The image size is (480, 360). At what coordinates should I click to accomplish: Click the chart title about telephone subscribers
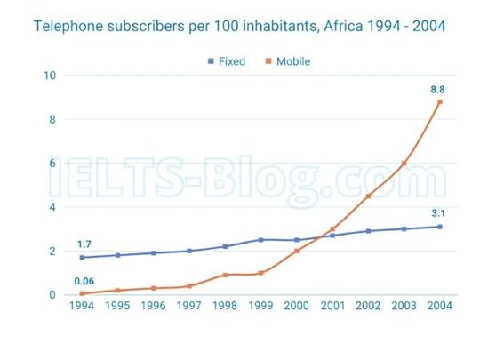(239, 27)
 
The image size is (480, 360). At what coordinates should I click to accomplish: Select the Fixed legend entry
(226, 61)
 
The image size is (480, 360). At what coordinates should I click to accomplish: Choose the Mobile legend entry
(287, 61)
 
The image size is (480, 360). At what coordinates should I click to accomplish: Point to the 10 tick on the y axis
(51, 76)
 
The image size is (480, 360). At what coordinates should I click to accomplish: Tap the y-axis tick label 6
(53, 164)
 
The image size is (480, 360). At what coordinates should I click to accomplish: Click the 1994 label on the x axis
(83, 307)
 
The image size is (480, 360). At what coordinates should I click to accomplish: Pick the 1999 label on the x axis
(260, 307)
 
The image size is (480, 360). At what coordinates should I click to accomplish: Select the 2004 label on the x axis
(438, 307)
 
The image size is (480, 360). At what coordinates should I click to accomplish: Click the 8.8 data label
(437, 89)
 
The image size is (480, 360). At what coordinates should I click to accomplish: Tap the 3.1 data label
(438, 213)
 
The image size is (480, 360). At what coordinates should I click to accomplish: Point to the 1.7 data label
(84, 244)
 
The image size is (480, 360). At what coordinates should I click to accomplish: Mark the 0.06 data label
(84, 281)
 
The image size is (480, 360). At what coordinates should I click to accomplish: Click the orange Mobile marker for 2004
(439, 102)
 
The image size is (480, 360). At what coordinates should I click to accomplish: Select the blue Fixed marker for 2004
(439, 227)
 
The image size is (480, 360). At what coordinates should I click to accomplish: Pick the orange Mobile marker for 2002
(368, 196)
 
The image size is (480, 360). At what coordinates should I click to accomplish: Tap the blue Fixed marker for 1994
(83, 258)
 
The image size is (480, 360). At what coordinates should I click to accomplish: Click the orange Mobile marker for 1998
(225, 275)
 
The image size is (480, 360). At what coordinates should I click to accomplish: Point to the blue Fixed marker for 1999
(260, 240)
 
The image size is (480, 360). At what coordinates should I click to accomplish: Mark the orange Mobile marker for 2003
(404, 164)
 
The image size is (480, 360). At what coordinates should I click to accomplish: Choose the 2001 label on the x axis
(332, 307)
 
